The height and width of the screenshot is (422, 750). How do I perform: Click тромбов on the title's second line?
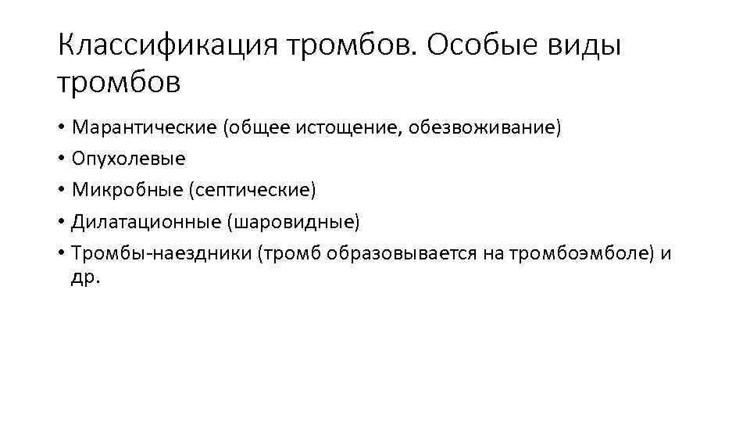119,81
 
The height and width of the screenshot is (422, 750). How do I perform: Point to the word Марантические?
145,128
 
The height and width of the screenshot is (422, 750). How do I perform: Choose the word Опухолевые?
129,159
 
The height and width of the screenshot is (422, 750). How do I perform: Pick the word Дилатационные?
146,223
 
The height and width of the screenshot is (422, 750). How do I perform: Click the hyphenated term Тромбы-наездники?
160,254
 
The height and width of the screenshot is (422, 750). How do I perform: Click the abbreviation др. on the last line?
86,277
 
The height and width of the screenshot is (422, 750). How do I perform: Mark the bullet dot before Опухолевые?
62,159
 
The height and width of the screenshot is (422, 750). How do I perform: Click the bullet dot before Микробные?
62,191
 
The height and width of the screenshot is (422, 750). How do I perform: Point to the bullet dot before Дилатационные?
62,223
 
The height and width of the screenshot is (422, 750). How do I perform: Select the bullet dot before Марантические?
62,128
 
